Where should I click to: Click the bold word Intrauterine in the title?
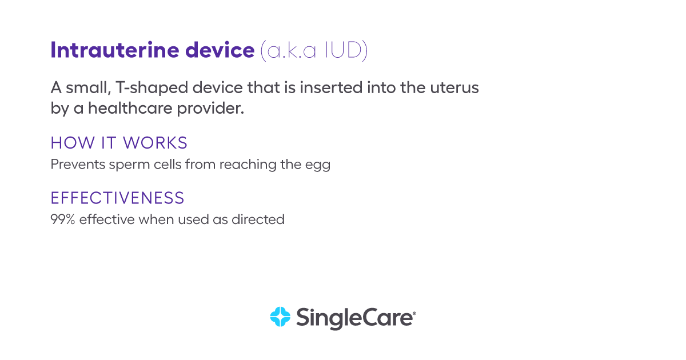pyautogui.click(x=114, y=50)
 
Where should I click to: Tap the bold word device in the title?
pyautogui.click(x=220, y=50)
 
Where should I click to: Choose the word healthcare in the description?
pyautogui.click(x=130, y=108)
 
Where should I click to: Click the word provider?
pyautogui.click(x=210, y=109)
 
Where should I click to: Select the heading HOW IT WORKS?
pyautogui.click(x=119, y=143)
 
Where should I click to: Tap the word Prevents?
pyautogui.click(x=78, y=165)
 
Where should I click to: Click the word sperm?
pyautogui.click(x=130, y=165)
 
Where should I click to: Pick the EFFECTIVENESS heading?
pyautogui.click(x=117, y=198)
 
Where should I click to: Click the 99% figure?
pyautogui.click(x=63, y=219)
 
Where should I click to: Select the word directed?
pyautogui.click(x=258, y=219)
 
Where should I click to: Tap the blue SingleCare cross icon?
pyautogui.click(x=280, y=317)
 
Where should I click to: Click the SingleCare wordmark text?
pyautogui.click(x=354, y=318)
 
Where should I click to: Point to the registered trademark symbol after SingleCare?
pyautogui.click(x=414, y=314)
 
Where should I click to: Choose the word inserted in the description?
pyautogui.click(x=331, y=88)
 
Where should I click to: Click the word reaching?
pyautogui.click(x=248, y=165)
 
